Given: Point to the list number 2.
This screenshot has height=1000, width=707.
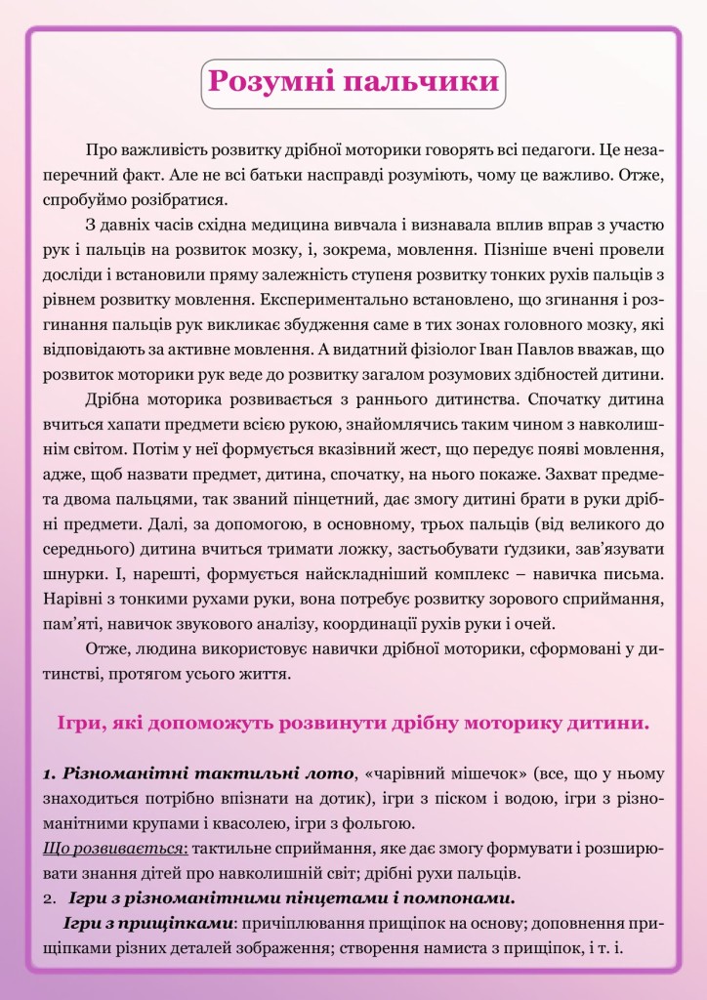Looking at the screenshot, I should point(49,897).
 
